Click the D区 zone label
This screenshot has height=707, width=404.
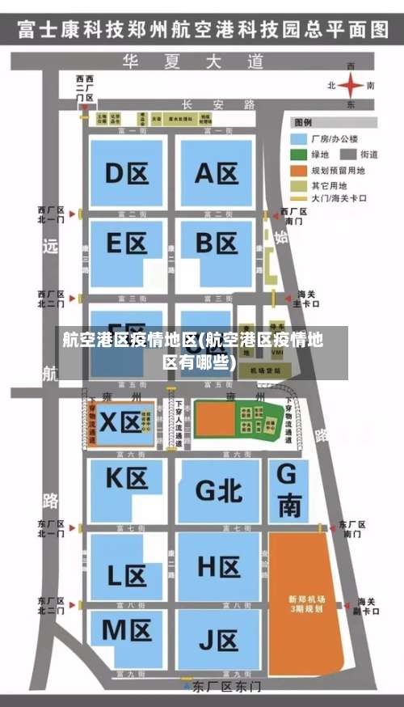coord(125,173)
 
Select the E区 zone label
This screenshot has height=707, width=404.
coord(126,243)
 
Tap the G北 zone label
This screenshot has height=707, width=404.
coord(219,490)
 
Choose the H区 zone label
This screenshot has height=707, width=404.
coord(218,566)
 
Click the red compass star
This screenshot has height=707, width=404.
coord(351,84)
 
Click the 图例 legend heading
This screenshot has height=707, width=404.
coord(303,123)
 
